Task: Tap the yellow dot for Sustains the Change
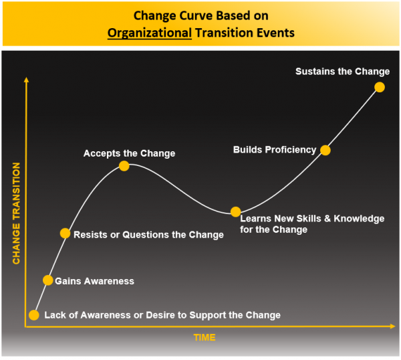pos(380,87)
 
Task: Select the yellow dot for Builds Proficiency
pos(325,150)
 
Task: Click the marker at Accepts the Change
pos(124,166)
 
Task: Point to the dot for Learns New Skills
pos(235,211)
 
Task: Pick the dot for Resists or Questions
pos(65,234)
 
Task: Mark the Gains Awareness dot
pos(47,280)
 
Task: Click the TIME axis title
pos(205,338)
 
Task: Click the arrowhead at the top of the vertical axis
pos(26,80)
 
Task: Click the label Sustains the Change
pos(342,72)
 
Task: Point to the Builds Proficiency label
pos(274,150)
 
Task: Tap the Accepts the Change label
pos(129,153)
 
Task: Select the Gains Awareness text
pos(94,281)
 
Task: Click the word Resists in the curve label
pos(88,235)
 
